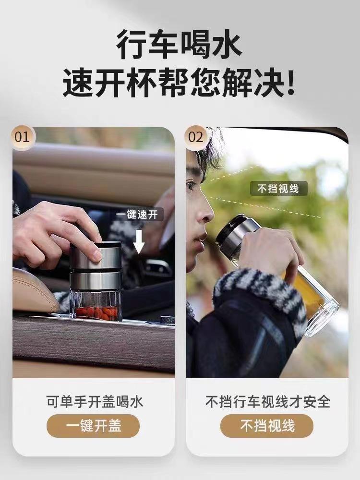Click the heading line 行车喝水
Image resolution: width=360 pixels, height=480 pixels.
[180, 44]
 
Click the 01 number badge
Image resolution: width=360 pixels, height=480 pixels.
[22, 137]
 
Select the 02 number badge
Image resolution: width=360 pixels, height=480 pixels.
[196, 137]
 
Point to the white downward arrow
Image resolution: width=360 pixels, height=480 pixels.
[139, 242]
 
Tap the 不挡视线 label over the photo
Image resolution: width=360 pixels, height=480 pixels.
[278, 189]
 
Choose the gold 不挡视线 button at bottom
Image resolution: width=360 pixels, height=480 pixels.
[267, 426]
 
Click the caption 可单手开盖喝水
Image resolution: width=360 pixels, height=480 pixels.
[95, 402]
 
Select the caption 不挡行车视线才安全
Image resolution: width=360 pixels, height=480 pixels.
[267, 402]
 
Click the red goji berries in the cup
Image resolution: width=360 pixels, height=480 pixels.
[97, 313]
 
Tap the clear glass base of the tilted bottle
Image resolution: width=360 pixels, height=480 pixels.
[324, 315]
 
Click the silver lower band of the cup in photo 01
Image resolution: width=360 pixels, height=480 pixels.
[96, 281]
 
